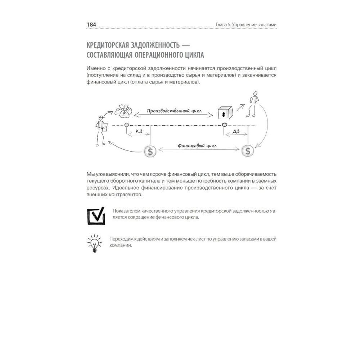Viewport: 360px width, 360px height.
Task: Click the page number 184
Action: [91, 24]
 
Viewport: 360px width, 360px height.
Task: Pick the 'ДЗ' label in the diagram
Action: [236, 132]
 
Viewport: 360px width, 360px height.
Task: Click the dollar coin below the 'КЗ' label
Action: [150, 151]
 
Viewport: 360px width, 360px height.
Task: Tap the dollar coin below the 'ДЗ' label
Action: [248, 151]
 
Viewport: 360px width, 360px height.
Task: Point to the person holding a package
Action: [101, 128]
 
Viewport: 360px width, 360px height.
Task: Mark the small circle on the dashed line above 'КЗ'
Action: [126, 125]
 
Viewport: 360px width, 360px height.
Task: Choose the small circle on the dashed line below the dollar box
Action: [225, 125]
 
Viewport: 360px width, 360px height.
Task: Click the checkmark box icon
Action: [96, 215]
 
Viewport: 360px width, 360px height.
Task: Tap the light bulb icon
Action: [95, 243]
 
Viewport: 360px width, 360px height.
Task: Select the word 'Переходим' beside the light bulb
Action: [122, 239]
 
